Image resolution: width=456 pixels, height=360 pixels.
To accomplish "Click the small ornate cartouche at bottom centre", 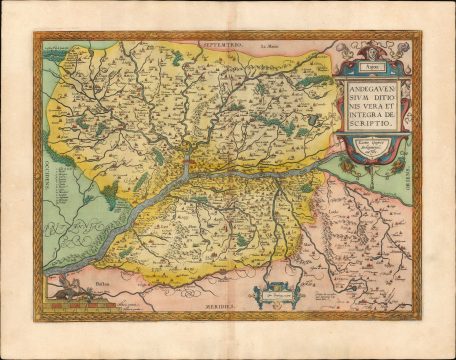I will click(x=273, y=291).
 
